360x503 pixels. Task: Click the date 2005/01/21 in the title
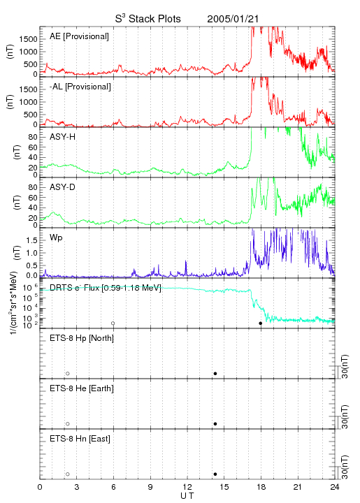pos(233,19)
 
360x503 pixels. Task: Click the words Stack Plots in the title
pos(154,19)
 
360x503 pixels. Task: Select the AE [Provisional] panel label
pos(79,36)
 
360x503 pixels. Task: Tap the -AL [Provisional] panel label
pos(80,87)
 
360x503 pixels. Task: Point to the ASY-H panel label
pos(63,137)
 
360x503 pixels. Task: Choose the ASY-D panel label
pos(63,187)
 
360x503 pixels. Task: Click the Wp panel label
pos(56,238)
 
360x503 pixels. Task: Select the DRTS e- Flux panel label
pos(106,288)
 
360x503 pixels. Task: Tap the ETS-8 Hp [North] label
pos(82,338)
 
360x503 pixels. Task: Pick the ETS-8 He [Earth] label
pos(82,388)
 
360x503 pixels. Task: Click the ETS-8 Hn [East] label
pos(80,439)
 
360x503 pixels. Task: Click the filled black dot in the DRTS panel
pos(261,323)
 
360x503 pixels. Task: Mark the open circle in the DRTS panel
pos(113,323)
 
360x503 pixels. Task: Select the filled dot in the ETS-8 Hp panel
pos(215,373)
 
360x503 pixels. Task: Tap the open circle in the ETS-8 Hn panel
pos(68,474)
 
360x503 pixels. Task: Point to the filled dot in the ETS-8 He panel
pos(215,424)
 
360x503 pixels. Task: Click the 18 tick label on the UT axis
pos(261,487)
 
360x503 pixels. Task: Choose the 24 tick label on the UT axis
pos(335,487)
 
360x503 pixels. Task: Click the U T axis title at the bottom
pos(187,496)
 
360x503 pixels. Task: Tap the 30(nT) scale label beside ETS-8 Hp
pos(345,366)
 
